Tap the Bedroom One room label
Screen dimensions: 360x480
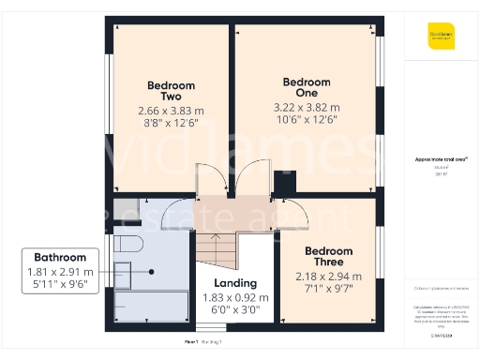[307, 86]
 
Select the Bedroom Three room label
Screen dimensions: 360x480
[328, 257]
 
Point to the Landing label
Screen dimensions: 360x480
[235, 283]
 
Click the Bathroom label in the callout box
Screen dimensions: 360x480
[60, 257]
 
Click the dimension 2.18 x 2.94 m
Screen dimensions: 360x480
[328, 277]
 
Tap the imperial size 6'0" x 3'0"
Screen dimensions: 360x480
[235, 310]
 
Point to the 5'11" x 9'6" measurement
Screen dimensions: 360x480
[60, 285]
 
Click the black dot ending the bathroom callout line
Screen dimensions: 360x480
[151, 272]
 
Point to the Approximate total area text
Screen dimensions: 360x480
[441, 159]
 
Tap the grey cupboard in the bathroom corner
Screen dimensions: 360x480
[127, 207]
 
